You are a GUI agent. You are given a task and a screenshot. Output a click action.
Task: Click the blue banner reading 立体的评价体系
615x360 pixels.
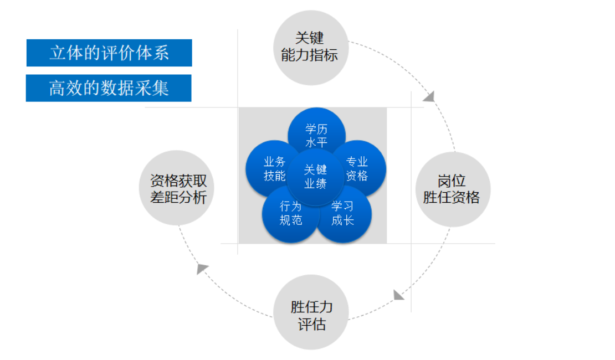(109, 53)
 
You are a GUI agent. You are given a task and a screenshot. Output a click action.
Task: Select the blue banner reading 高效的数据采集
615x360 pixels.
(109, 88)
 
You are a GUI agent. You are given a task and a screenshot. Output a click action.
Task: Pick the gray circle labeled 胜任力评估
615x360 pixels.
(311, 314)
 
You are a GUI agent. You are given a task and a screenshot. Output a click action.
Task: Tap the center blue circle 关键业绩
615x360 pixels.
(316, 177)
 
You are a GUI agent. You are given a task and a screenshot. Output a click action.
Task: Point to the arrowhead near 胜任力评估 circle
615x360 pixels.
(398, 294)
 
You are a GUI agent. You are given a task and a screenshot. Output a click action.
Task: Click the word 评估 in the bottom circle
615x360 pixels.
(312, 324)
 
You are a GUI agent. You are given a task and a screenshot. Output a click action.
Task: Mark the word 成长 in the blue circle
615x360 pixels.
(343, 220)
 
